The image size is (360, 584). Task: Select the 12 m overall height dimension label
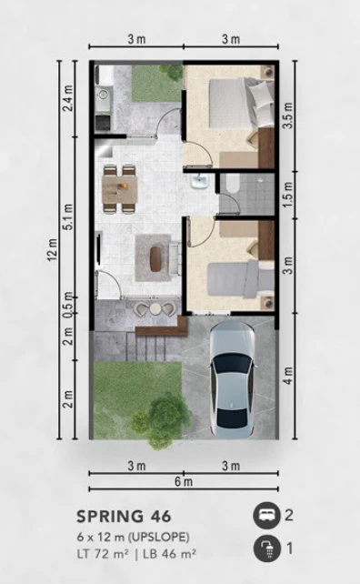pos(52,249)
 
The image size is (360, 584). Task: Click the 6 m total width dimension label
pos(183,480)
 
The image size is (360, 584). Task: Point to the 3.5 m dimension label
pos(287,117)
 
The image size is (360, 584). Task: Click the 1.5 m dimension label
pos(287,194)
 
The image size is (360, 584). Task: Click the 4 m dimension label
pos(287,376)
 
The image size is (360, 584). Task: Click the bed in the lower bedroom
pos(235,272)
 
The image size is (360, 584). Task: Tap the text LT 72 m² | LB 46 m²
pos(136,553)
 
